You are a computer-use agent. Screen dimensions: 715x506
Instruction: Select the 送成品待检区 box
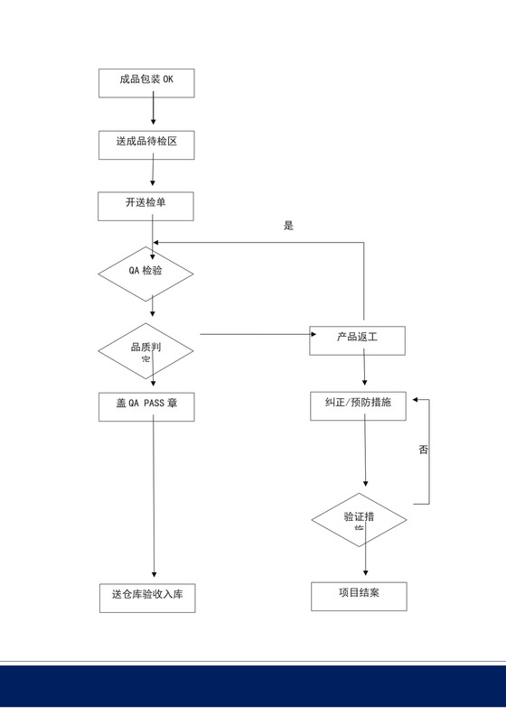[x=145, y=144]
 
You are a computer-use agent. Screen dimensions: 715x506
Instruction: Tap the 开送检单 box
[x=145, y=205]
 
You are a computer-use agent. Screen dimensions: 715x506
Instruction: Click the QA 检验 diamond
[x=145, y=271]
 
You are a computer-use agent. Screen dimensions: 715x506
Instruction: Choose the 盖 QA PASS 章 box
[x=146, y=405]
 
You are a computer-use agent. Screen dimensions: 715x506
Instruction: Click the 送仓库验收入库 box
[x=146, y=597]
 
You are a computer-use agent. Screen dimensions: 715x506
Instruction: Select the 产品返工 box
[x=357, y=339]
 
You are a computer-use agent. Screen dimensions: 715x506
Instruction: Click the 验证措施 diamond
[x=359, y=520]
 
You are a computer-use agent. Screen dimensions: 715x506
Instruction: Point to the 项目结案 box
[x=359, y=595]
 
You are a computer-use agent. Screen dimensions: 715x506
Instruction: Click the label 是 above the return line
[x=288, y=226]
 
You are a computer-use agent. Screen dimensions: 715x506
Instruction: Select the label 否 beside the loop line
[x=424, y=449]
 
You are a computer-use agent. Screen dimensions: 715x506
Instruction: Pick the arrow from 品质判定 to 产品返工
[x=253, y=334]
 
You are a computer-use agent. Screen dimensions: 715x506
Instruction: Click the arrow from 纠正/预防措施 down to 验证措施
[x=365, y=456]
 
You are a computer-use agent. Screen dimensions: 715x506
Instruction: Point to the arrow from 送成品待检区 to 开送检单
[x=153, y=172]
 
